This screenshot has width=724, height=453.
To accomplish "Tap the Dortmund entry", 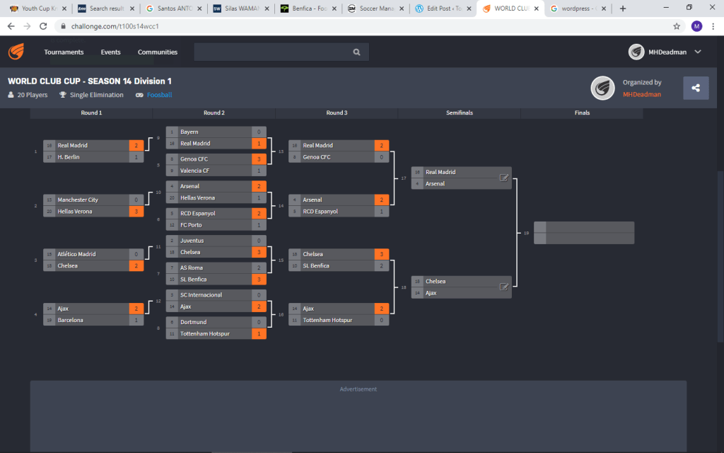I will pyautogui.click(x=194, y=322).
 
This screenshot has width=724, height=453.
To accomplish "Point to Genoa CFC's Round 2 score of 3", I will pyautogui.click(x=259, y=159).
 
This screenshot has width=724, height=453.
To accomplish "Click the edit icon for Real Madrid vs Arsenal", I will pyautogui.click(x=504, y=178).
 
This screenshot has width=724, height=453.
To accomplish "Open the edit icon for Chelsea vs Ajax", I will pyautogui.click(x=504, y=287).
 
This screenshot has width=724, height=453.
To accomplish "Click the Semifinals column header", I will pyautogui.click(x=460, y=113).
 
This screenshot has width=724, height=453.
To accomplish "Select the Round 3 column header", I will pyautogui.click(x=337, y=113).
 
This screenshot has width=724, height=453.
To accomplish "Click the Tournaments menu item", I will pyautogui.click(x=64, y=52).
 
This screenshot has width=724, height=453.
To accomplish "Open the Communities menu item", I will pyautogui.click(x=158, y=52).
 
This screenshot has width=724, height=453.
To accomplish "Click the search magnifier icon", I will pyautogui.click(x=357, y=52).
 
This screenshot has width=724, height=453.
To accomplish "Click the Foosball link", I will pyautogui.click(x=160, y=95).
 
